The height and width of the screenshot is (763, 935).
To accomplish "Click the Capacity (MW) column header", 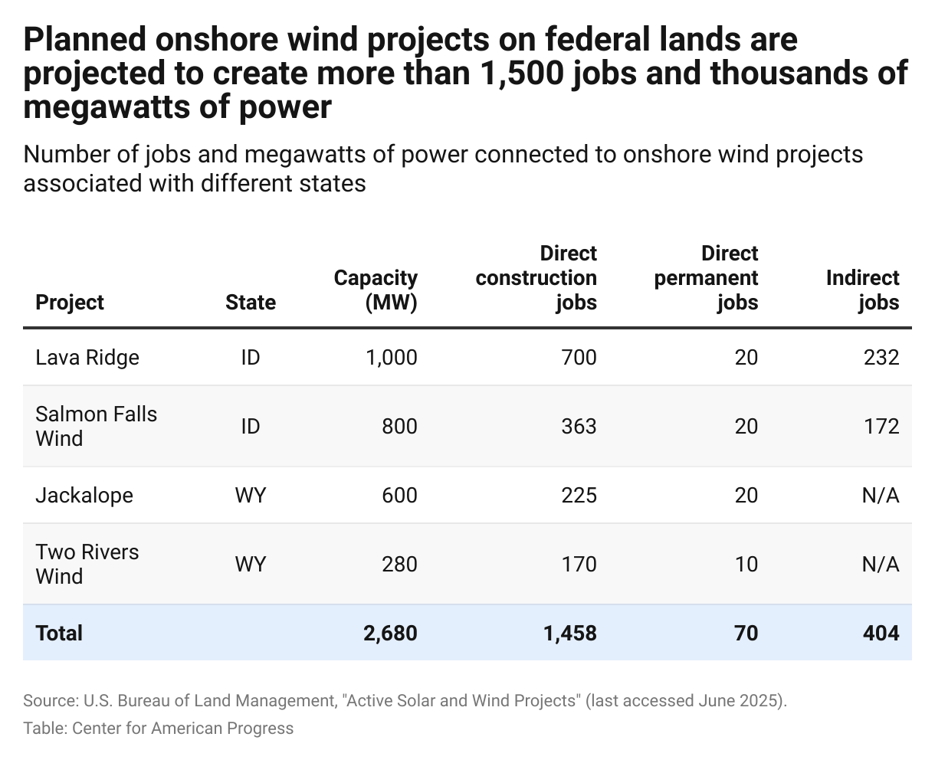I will coord(376,290).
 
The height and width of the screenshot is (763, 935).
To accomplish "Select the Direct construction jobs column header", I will coord(536,277).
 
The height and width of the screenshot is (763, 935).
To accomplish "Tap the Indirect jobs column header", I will coord(862,290).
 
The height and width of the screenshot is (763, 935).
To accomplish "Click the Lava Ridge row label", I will coord(87,357).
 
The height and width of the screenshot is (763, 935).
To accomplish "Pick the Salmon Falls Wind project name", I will coord(96,426).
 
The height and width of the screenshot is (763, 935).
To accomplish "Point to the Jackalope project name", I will coord(84,495).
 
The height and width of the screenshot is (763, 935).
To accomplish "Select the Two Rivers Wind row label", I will coord(87,564).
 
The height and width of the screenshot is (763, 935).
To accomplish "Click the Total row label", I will coord(59,633).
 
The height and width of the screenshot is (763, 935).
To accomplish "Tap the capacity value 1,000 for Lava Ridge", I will coord(390,357).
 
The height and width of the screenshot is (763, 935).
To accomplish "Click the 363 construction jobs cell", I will coord(578,426).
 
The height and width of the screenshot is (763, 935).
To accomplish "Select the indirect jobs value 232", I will coord(881,357).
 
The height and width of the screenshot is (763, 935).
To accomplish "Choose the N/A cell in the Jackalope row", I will coord(880,495).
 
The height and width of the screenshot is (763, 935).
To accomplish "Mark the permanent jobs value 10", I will coord(746,564).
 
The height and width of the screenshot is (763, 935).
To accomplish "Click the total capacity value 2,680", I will coord(389,633).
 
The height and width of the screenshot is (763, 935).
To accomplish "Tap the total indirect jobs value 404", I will coord(880,633).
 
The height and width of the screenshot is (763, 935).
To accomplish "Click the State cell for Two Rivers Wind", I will coord(250,564).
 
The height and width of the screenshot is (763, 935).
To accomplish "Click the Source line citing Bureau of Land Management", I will coord(405,701).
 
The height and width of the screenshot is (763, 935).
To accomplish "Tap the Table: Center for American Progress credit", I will coord(158,728).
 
